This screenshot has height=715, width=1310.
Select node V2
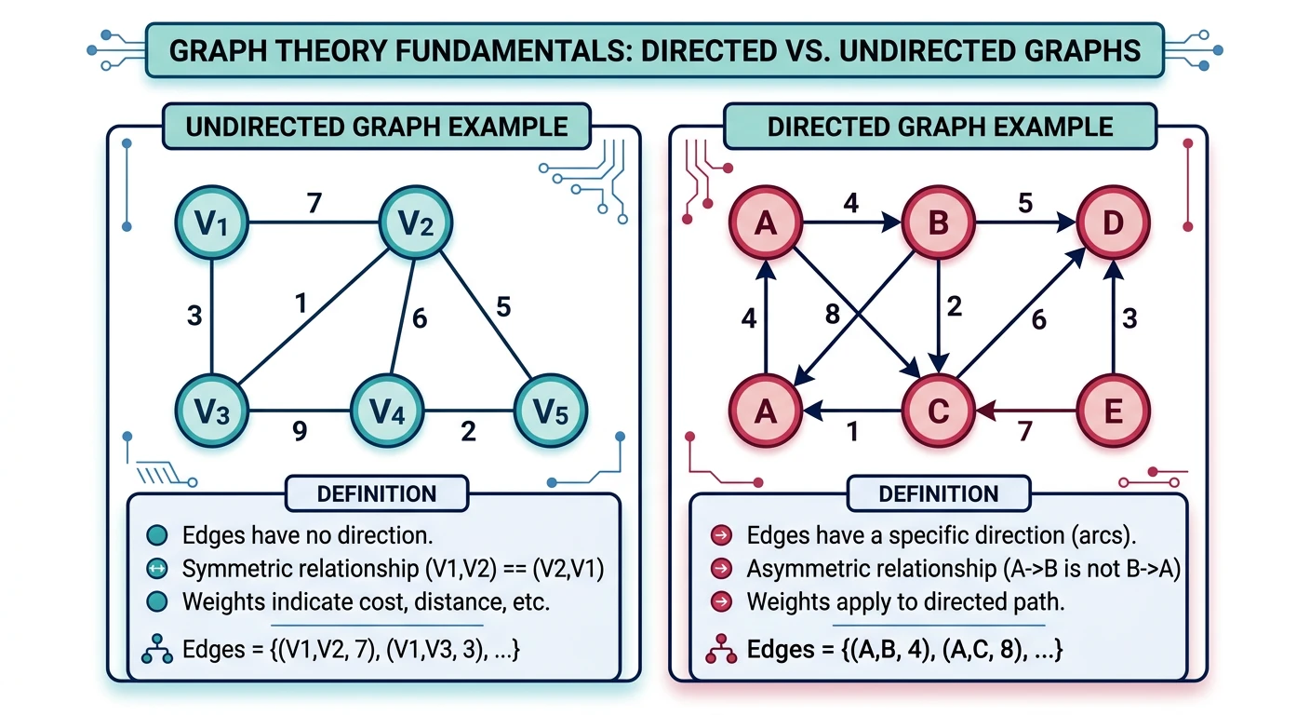[415, 223]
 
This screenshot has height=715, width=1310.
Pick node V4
[387, 411]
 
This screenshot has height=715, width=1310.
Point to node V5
[551, 411]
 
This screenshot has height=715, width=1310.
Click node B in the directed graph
[939, 223]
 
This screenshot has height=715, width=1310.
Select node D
[1113, 223]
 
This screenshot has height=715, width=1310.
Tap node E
[1113, 411]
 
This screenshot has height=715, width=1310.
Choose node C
[939, 411]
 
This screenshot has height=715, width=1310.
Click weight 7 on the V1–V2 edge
[314, 202]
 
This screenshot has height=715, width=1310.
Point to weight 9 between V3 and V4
[300, 431]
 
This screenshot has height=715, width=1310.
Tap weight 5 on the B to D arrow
[1024, 202]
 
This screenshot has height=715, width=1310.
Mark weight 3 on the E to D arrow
[1130, 319]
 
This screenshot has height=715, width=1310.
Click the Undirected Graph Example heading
[376, 127]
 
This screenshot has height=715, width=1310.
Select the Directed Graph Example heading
[940, 127]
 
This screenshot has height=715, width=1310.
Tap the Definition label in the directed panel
[938, 493]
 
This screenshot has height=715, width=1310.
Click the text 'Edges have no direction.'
[308, 535]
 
